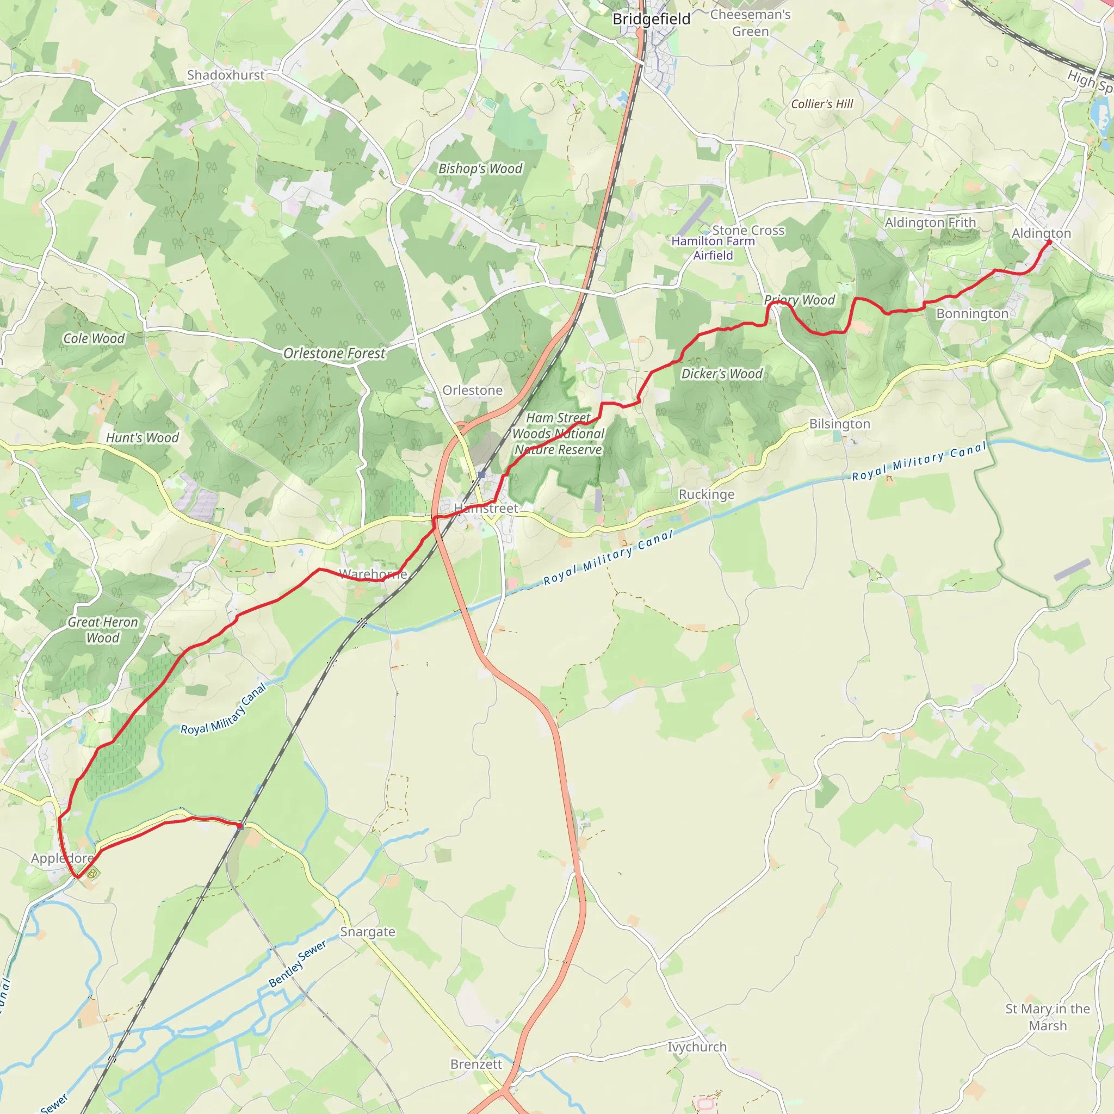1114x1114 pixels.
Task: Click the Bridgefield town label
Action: (x=651, y=19)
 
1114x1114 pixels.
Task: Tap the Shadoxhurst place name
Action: (x=225, y=75)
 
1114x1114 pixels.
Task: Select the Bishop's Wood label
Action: (x=480, y=169)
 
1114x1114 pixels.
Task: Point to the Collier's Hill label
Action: (x=822, y=104)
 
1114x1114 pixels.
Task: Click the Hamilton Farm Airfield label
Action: (x=713, y=248)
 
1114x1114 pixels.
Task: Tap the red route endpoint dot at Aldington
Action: (x=1049, y=242)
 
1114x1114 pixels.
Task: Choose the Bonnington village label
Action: (x=972, y=314)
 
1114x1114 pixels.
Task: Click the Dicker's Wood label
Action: (x=721, y=374)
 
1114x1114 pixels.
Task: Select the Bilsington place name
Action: (x=839, y=424)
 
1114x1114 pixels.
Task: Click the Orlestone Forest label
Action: (x=334, y=353)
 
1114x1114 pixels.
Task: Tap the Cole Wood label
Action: (x=94, y=338)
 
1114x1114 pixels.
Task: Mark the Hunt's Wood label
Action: (x=142, y=438)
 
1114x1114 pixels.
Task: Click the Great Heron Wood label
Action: (x=103, y=630)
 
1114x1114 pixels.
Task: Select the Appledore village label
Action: (x=62, y=858)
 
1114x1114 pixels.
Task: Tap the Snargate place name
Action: (x=367, y=932)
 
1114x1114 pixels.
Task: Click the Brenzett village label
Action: (x=476, y=1064)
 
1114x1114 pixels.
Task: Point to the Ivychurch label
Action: (x=697, y=1047)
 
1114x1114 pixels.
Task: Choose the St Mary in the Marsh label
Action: (x=1047, y=1017)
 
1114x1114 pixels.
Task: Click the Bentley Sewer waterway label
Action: (x=298, y=963)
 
